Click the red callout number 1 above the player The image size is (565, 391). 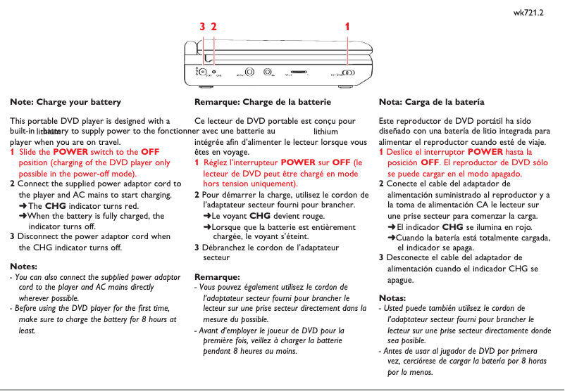click(x=347, y=27)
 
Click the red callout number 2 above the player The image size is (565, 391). click(x=213, y=27)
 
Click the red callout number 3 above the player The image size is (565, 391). click(x=202, y=27)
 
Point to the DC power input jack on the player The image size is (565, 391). click(x=203, y=72)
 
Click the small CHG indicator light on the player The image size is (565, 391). click(x=213, y=72)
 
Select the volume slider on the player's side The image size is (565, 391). click(x=299, y=72)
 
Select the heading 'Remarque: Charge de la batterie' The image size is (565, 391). click(x=262, y=102)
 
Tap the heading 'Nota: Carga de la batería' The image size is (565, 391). click(x=431, y=102)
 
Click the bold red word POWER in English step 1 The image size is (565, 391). click(x=70, y=152)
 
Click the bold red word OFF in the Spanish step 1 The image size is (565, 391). click(x=430, y=162)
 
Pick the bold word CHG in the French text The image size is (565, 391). click(x=260, y=216)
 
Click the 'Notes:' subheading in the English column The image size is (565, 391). click(x=23, y=267)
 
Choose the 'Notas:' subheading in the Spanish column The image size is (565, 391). click(x=392, y=297)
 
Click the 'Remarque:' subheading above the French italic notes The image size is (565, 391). click(x=217, y=276)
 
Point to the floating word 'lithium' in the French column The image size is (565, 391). click(x=325, y=131)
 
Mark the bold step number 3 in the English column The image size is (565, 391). click(x=13, y=237)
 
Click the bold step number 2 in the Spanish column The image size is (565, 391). click(x=381, y=184)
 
